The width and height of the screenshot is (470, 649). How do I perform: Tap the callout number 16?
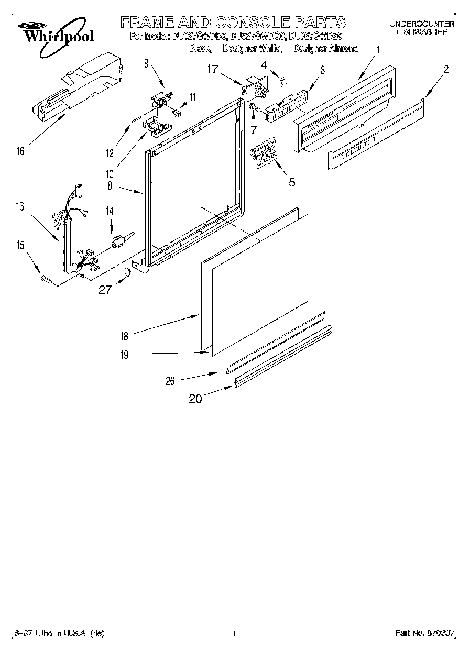(20, 151)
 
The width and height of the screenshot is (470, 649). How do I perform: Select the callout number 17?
(211, 68)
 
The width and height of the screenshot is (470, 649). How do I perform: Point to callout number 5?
(292, 182)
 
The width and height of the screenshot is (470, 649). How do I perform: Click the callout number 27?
(105, 289)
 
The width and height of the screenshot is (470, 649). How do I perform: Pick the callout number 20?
(195, 399)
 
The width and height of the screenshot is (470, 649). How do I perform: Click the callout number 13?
(20, 207)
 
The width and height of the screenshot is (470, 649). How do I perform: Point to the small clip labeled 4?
(283, 81)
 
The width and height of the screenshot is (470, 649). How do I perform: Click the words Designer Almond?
(326, 48)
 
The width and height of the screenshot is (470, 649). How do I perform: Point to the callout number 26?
(170, 381)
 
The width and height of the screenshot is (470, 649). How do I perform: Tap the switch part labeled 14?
(118, 241)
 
